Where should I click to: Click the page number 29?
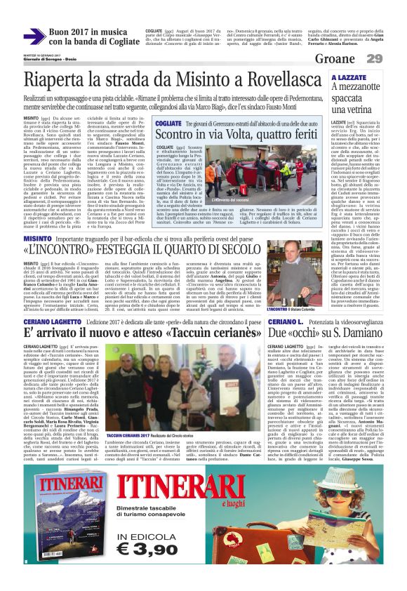tap(393, 58)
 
